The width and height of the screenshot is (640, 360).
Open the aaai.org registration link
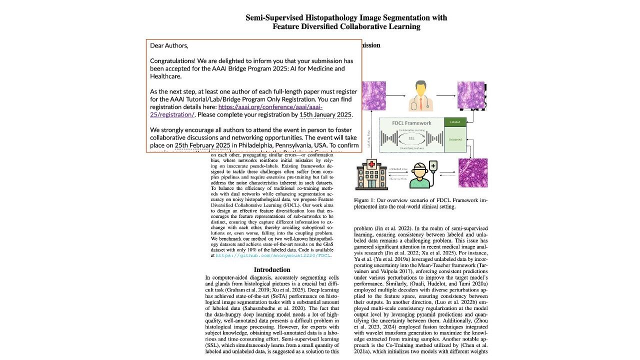coord(270,107)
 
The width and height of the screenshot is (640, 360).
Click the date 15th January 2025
coord(325,114)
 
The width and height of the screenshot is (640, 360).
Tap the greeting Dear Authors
coord(169,45)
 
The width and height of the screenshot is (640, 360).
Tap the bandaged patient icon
coord(419,175)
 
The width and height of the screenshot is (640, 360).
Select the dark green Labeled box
coord(455,122)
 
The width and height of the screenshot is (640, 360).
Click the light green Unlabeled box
coord(455,139)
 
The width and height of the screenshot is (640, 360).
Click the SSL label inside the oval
coord(411,138)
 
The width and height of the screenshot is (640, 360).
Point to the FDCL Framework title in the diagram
coord(412,123)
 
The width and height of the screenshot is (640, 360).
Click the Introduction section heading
coord(272,270)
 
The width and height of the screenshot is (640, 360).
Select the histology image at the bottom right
coord(473,172)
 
